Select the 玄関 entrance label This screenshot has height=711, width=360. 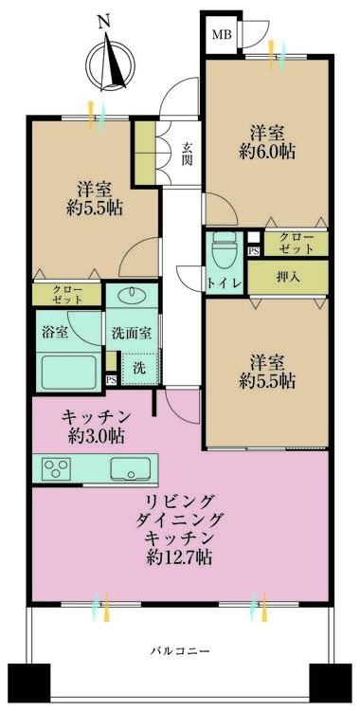click(188, 154)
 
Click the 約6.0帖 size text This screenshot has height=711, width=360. click(267, 151)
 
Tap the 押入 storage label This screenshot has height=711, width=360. click(287, 277)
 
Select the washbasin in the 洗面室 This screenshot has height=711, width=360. click(132, 295)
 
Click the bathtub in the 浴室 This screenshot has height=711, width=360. click(69, 372)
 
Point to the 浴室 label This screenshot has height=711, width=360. click(56, 333)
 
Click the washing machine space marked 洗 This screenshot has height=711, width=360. click(140, 368)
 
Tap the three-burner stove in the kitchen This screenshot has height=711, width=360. click(56, 467)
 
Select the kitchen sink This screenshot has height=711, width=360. click(130, 468)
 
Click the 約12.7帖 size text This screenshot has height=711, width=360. click(179, 556)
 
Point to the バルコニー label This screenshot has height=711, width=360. click(180, 651)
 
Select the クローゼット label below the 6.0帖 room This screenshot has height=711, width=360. click(297, 244)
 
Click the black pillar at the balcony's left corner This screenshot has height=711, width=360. click(29, 683)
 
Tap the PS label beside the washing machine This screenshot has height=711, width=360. click(111, 380)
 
